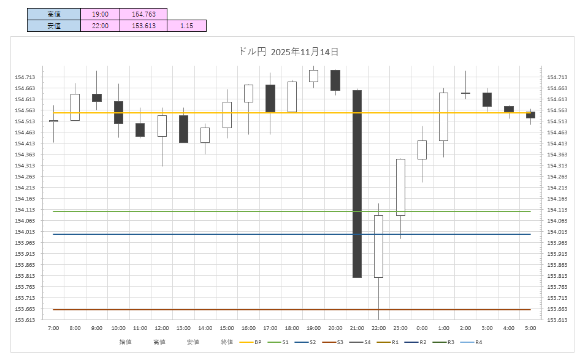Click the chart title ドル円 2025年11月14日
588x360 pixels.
coord(288,52)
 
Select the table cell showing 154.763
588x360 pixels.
coord(143,14)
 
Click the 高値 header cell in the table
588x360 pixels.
coord(54,14)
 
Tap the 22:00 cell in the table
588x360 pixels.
coord(100,26)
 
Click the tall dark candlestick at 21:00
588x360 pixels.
coord(357,184)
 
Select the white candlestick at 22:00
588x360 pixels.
coord(378,246)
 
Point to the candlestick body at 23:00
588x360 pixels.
coord(400,187)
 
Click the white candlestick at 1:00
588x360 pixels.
coord(443,117)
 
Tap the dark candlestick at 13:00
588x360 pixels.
coord(183,129)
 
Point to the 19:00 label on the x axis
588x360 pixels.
coord(313,328)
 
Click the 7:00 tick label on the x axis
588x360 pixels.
coord(53,328)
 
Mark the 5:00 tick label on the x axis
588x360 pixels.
coord(530,328)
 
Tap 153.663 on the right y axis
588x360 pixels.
coord(557,309)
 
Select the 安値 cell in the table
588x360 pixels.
coord(54,26)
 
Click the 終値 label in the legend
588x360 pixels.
coord(227,342)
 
